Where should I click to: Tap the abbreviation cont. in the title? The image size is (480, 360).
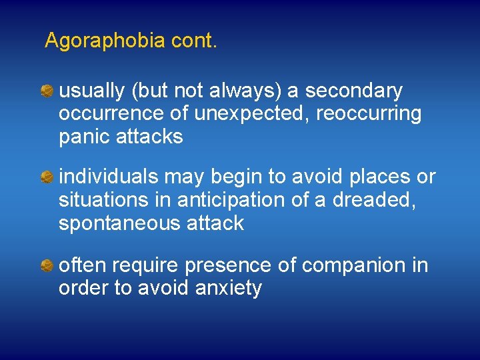194,41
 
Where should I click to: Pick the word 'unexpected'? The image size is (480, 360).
252,114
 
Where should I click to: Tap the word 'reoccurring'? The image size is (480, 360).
369,114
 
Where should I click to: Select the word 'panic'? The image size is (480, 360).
84,137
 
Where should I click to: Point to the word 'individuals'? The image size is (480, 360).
109,177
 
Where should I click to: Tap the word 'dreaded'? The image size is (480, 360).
371,200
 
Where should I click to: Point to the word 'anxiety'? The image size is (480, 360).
229,289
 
